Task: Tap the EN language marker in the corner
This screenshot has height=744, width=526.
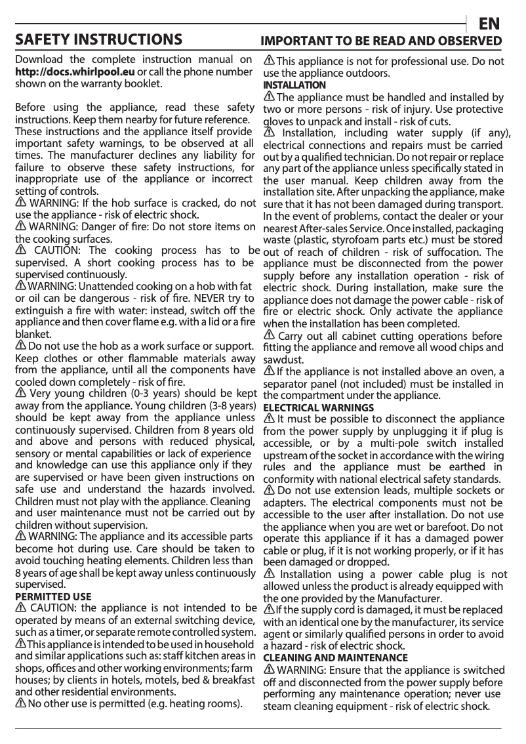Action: click(x=489, y=24)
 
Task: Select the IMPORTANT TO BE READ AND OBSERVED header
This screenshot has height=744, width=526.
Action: click(x=382, y=41)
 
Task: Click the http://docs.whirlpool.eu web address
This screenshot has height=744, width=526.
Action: click(x=75, y=72)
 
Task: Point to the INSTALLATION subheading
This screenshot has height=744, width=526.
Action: click(x=294, y=86)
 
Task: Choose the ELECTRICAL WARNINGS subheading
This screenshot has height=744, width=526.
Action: click(x=318, y=407)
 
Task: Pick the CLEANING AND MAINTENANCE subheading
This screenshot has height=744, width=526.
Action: click(x=335, y=657)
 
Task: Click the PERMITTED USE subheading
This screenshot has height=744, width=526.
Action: click(x=53, y=597)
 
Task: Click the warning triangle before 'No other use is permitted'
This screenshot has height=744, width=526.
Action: click(x=20, y=704)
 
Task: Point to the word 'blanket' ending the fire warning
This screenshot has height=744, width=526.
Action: click(x=31, y=333)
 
